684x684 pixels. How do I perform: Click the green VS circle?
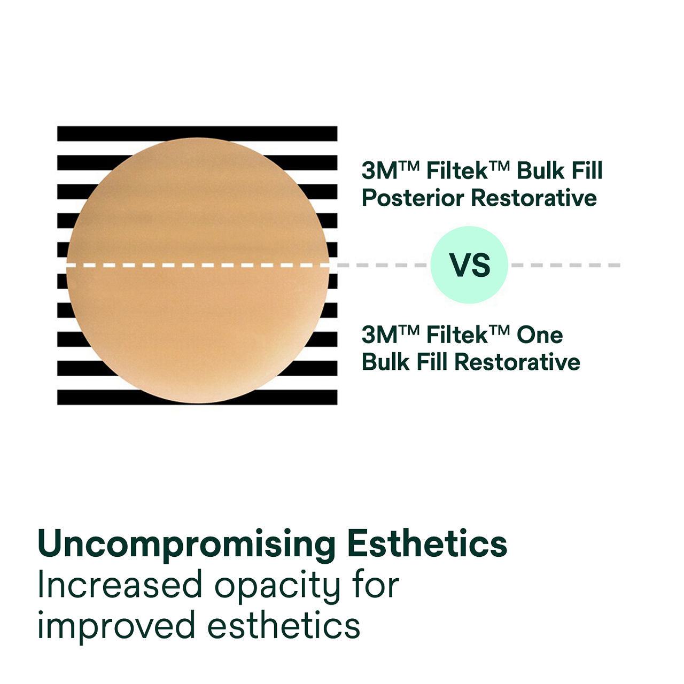[469, 265]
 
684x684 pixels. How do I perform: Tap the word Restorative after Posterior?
[534, 198]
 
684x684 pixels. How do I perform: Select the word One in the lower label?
[540, 335]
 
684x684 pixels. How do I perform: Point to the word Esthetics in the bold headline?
[427, 544]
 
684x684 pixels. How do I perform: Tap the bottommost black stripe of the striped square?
[197, 397]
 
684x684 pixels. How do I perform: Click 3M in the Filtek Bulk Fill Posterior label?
[379, 171]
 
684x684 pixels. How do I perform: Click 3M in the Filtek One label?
[379, 335]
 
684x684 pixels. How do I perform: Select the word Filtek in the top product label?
[457, 171]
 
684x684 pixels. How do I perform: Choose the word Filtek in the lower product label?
[457, 335]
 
